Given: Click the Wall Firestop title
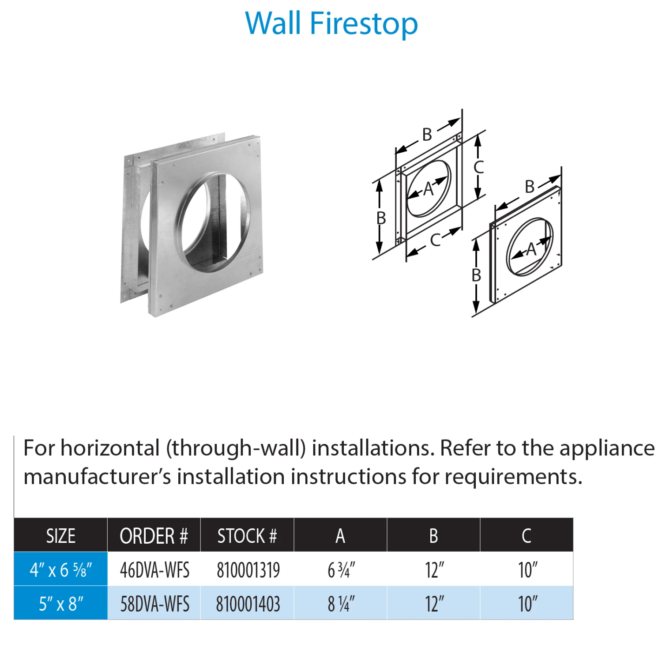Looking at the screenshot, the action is (331, 24).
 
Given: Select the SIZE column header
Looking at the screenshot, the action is (61, 536).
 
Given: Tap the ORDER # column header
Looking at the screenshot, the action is (154, 536).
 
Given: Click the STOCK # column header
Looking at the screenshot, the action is (247, 536).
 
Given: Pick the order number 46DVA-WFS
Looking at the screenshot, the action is (155, 570).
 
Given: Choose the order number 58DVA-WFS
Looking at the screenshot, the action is (155, 604).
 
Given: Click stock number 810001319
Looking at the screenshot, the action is (248, 570).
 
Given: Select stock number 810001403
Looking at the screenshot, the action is (248, 604).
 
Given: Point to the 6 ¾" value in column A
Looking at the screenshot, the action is (341, 570).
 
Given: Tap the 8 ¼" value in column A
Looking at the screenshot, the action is (341, 604).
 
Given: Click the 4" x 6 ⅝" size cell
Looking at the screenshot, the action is (61, 570).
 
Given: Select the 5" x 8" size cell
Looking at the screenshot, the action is (61, 604).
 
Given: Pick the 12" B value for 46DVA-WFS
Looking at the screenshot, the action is (435, 570).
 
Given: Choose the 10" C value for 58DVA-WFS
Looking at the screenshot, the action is (528, 604).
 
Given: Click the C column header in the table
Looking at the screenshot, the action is (527, 536).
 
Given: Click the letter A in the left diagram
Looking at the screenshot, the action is (428, 189).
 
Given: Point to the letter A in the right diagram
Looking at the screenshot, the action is (531, 249).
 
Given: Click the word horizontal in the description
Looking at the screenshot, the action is (110, 448).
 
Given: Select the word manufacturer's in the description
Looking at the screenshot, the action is (97, 477).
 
